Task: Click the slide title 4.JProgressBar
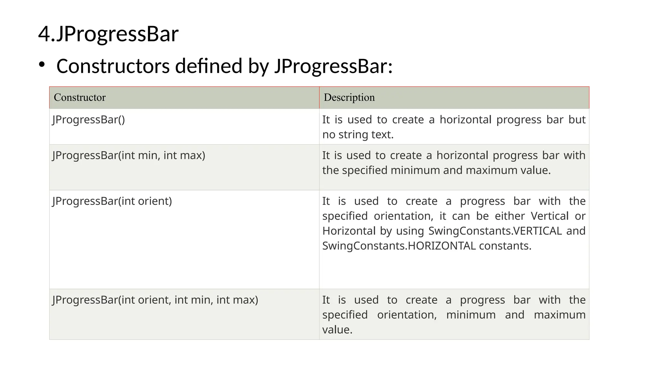(x=108, y=34)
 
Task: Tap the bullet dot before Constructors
(x=42, y=65)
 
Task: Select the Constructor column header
(x=79, y=97)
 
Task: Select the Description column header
(x=349, y=97)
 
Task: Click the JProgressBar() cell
(x=88, y=120)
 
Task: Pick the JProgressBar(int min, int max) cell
(x=129, y=156)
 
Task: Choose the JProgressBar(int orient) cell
(x=112, y=201)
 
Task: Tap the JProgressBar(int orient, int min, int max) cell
(x=155, y=300)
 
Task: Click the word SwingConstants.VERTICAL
(x=495, y=231)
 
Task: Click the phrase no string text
(x=358, y=135)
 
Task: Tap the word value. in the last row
(x=337, y=330)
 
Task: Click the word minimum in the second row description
(x=415, y=170)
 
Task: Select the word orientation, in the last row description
(x=407, y=315)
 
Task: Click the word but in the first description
(x=577, y=120)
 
